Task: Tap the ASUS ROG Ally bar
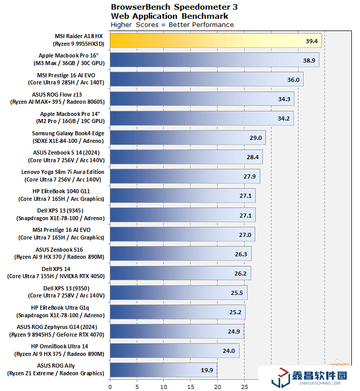163,370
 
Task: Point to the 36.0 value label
293,80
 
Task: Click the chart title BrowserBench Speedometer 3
174,7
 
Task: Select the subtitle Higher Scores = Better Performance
172,24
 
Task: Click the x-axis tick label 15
191,386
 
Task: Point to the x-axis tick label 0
110,386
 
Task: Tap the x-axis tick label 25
244,386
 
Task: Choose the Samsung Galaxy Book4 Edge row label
68,137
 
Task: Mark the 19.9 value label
207,370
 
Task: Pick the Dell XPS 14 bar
180,273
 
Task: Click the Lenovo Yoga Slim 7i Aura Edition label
63,176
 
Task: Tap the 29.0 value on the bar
256,138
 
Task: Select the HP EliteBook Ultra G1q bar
177,312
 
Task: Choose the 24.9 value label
234,332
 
